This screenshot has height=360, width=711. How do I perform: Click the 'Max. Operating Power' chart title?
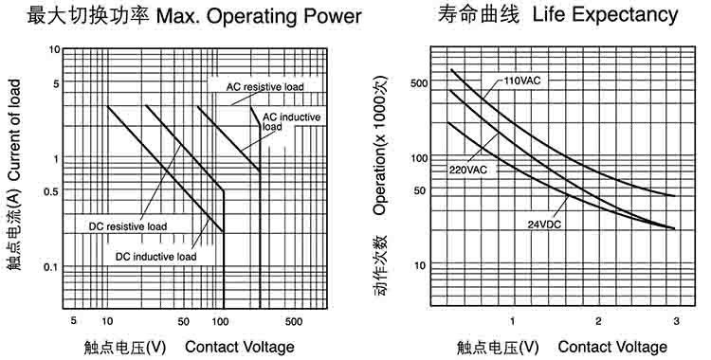(259, 17)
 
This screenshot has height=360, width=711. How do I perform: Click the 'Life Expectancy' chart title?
(605, 15)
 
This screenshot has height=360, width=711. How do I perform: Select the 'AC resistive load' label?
(265, 86)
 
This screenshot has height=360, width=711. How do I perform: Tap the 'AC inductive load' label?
(291, 121)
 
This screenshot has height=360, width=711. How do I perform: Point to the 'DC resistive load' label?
(128, 226)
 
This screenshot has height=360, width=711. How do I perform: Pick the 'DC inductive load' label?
(156, 257)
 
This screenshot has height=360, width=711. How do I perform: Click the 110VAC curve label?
(522, 81)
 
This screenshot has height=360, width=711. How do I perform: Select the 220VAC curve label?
(468, 170)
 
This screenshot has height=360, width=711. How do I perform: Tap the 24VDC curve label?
(544, 224)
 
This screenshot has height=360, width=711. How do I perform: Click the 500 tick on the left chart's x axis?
(294, 322)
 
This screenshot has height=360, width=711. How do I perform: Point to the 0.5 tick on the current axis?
(51, 191)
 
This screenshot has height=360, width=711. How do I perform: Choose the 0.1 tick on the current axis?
(51, 267)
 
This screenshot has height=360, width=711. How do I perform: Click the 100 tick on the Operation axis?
(419, 158)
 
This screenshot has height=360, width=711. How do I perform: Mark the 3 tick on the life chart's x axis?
(677, 321)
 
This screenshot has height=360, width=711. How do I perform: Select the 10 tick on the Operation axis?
(420, 265)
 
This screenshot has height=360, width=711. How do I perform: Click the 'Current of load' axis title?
(14, 129)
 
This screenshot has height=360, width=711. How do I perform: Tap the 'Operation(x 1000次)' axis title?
(380, 145)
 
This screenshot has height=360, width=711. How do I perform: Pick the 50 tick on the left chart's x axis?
(183, 322)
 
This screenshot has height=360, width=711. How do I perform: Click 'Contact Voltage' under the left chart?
(240, 348)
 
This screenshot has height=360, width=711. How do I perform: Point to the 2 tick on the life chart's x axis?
(598, 321)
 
